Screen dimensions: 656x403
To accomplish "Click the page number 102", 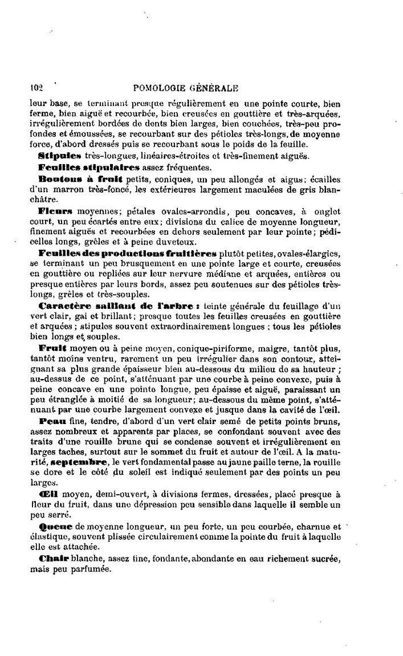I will pyautogui.click(x=36, y=88).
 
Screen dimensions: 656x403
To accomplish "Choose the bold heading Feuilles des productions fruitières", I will pyautogui.click(x=127, y=253).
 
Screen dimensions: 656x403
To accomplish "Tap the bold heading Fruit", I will pyautogui.click(x=52, y=348).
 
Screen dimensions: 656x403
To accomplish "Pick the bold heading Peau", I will pyautogui.click(x=52, y=421).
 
